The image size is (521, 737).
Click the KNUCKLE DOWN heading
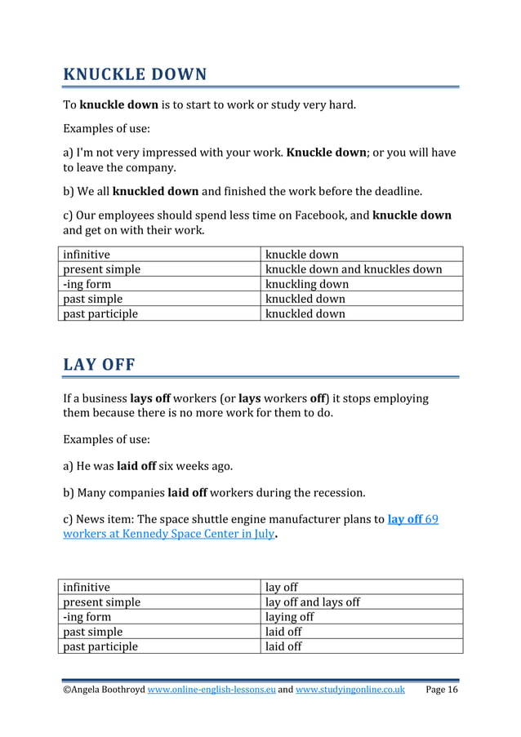135,75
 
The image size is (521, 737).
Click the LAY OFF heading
99,364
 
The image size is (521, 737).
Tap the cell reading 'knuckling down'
307,284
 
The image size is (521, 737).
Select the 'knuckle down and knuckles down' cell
354,269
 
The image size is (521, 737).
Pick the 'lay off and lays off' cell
313,602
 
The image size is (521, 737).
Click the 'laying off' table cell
290,617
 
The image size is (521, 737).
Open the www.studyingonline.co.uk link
350,690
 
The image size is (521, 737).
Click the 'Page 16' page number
442,690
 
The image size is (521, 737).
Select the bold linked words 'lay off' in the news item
406,519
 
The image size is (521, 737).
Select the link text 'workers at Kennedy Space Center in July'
168,534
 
